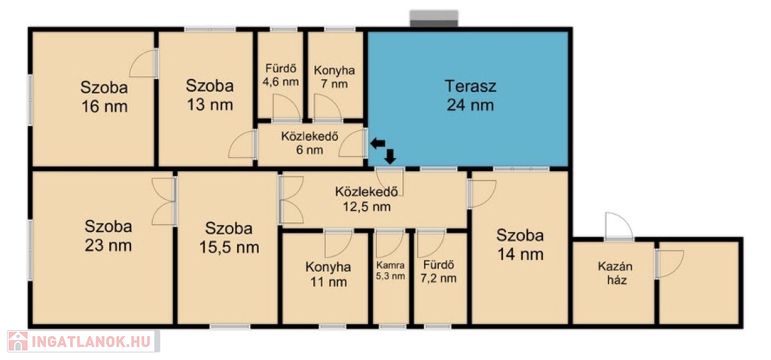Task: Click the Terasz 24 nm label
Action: [471, 96]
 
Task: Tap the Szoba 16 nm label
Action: [104, 97]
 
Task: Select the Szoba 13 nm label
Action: [209, 95]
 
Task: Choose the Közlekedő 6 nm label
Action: [309, 143]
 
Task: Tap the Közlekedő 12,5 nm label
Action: [367, 199]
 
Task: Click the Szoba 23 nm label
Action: [108, 236]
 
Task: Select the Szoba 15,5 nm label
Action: [229, 237]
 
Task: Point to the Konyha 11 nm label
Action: [328, 274]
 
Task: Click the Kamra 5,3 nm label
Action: [391, 270]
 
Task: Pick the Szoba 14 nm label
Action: [520, 245]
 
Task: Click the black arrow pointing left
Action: [378, 144]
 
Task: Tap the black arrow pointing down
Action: [391, 157]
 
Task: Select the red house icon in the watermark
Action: [18, 341]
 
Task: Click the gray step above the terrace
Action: [434, 19]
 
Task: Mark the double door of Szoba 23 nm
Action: [164, 202]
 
